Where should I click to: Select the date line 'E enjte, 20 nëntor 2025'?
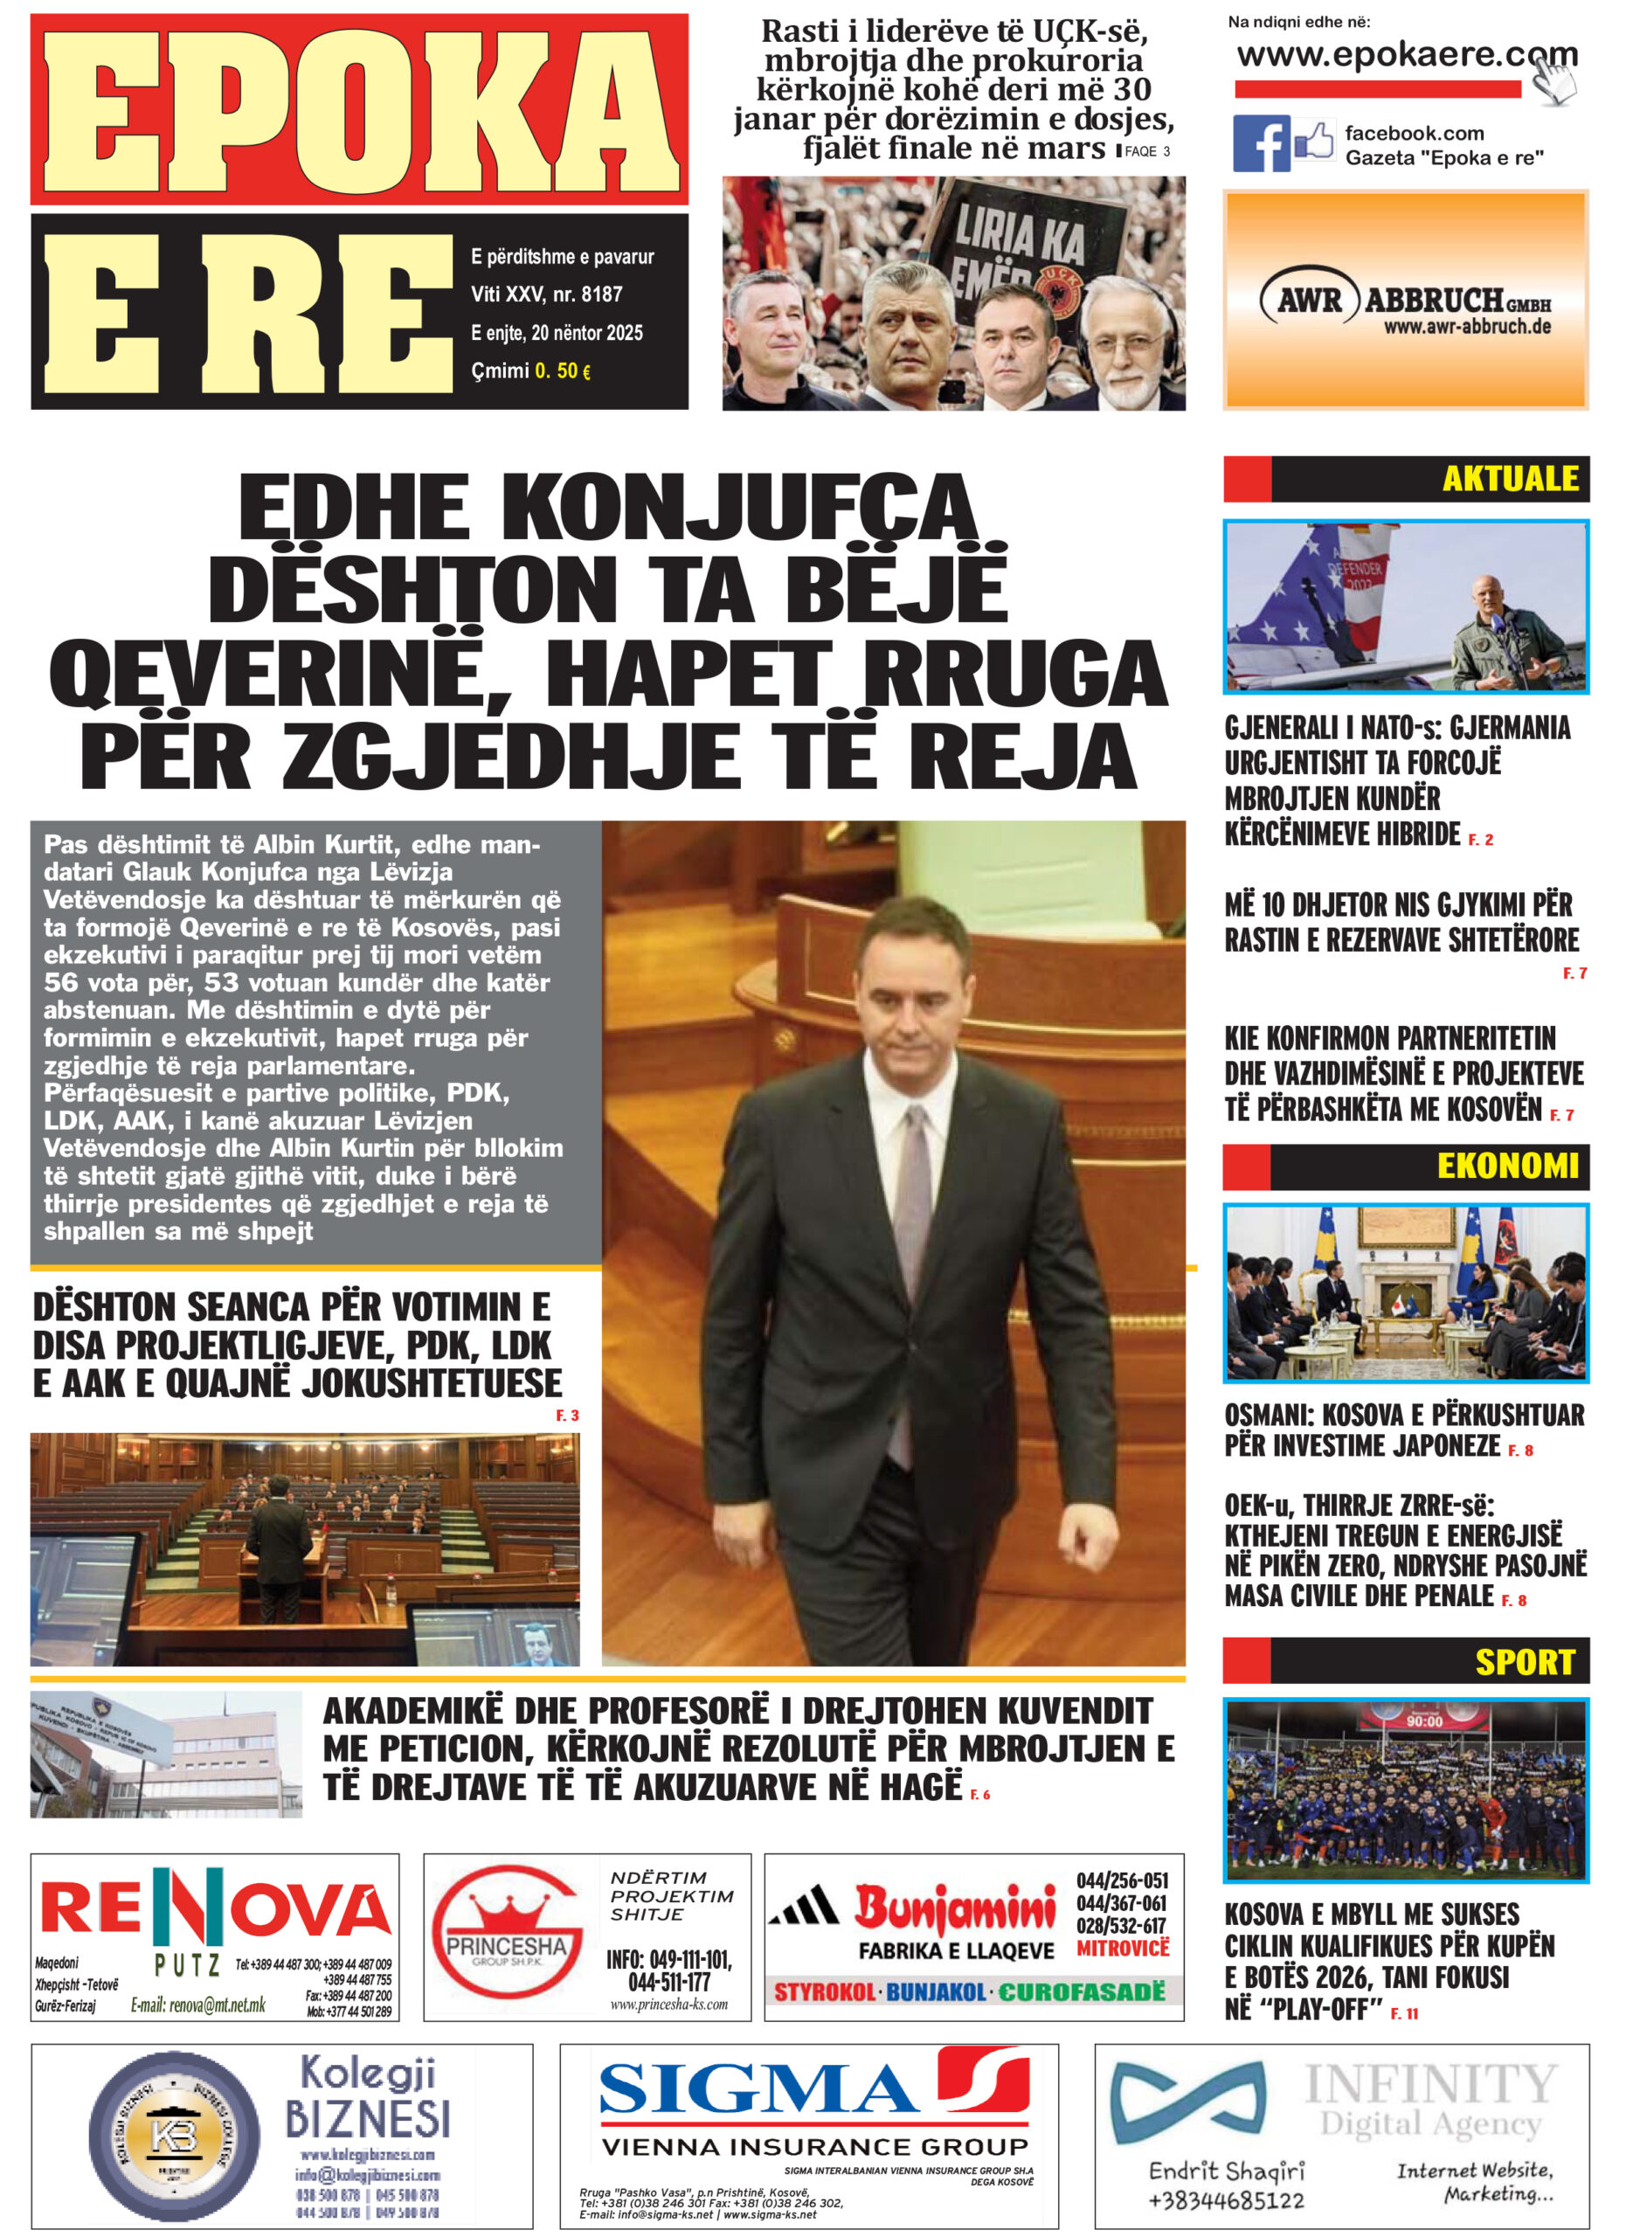point(557,333)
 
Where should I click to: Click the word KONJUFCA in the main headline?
point(738,507)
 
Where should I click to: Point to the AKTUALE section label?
point(1510,479)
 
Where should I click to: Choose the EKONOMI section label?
point(1507,1166)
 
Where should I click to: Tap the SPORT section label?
point(1525,1662)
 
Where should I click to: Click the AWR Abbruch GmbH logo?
point(1405,301)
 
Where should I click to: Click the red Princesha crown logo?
point(506,1929)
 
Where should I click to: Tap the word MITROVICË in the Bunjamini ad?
point(1122,1948)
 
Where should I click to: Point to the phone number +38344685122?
point(1226,2200)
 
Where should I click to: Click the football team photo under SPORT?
point(1405,1790)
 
